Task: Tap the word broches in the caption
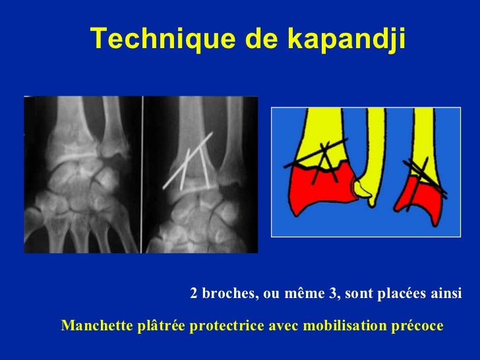pyautogui.click(x=228, y=293)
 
